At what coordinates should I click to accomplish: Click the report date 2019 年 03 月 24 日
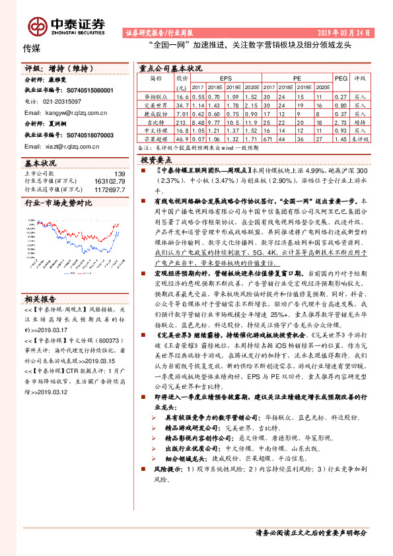(x=346, y=32)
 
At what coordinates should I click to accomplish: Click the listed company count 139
(x=119, y=174)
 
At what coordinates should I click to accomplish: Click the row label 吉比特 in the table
(x=155, y=122)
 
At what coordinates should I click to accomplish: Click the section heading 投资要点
(x=157, y=160)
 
